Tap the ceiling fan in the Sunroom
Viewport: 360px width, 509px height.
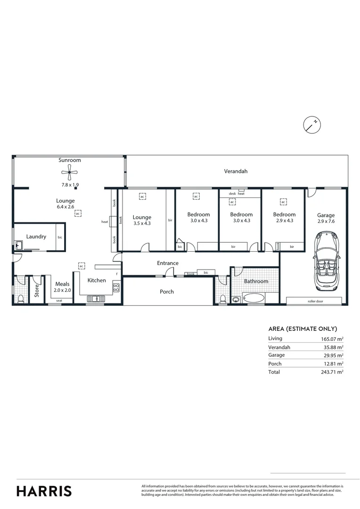[70, 173]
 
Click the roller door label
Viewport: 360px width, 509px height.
[314, 301]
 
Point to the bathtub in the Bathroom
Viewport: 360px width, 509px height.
[254, 298]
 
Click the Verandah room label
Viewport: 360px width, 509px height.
[236, 172]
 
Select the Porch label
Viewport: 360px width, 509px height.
[166, 292]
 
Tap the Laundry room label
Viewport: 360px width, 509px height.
[36, 237]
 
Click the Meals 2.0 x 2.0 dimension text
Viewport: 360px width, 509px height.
[63, 290]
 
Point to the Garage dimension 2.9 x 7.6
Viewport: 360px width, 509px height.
[326, 221]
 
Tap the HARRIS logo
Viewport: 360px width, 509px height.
[44, 491]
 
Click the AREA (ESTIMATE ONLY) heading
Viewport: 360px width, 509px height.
[303, 329]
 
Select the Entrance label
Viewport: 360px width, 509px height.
[168, 263]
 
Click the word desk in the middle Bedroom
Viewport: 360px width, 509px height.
[232, 194]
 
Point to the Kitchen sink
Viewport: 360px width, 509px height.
[96, 298]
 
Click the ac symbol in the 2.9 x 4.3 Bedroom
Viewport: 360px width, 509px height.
[283, 202]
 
